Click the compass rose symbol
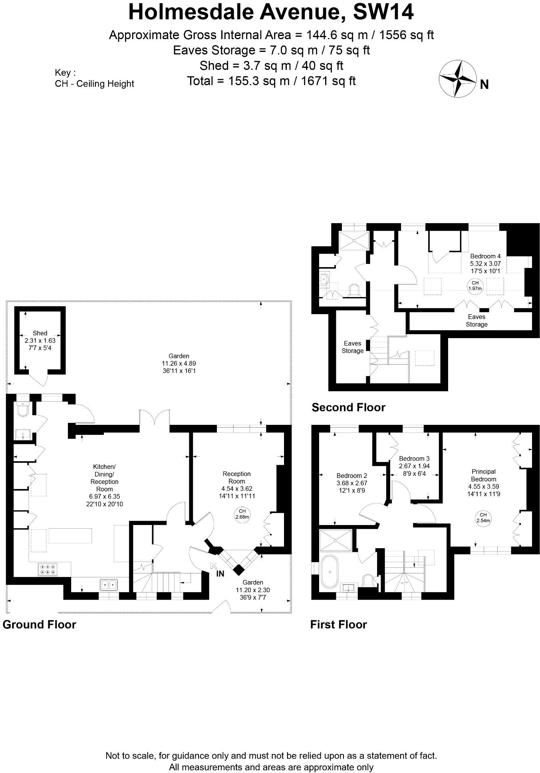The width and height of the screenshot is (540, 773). coord(458,78)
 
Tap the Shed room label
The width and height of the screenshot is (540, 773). coord(40,333)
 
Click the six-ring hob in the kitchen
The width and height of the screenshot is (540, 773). coord(48,569)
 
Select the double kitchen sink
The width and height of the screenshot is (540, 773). coord(109,585)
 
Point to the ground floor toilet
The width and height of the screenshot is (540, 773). coord(23,409)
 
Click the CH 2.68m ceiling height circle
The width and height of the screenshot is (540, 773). coord(242,514)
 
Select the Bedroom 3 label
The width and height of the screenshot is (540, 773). coord(414,458)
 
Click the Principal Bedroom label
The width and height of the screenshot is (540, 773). coord(483,475)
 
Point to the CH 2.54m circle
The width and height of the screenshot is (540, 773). coord(483,517)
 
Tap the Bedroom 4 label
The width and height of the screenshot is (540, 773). coord(485,256)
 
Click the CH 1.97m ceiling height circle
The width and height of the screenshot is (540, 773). coord(475,285)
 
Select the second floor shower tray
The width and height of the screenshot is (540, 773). coord(354,241)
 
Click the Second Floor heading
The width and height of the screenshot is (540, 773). coord(348,407)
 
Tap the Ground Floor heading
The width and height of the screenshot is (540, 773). coord(39,624)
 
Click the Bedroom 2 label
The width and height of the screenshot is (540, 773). coord(351,476)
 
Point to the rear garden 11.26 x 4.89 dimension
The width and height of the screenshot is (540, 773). coord(179,363)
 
